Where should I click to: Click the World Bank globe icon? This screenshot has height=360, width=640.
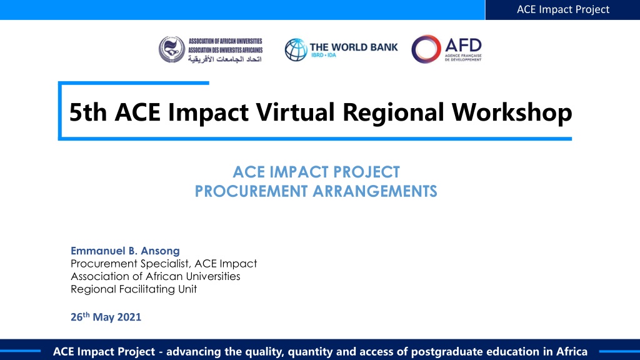coord(296,50)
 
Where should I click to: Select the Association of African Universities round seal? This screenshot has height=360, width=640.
coord(172,49)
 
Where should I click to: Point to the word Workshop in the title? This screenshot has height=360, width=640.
coord(512,112)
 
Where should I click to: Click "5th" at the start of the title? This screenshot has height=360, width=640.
coord(87,112)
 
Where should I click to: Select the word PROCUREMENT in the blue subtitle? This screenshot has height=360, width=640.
coord(251,191)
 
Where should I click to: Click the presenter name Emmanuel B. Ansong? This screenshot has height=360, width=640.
coord(125,251)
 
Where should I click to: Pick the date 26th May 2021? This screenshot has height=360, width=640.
coord(106,317)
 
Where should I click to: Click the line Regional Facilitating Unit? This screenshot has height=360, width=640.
coord(134,289)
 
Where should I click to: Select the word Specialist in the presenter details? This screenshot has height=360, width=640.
coord(165,264)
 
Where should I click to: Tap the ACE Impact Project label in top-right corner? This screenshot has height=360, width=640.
coord(563,9)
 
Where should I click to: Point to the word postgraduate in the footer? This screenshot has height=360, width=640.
coord(444,352)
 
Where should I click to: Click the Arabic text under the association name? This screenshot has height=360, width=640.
coord(224,59)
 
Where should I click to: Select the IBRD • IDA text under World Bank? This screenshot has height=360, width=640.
coord(324,55)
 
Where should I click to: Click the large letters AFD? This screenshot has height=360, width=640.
coord(463,45)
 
